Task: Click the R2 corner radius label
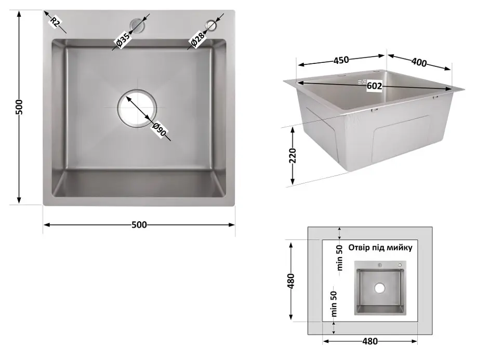pyautogui.click(x=55, y=22)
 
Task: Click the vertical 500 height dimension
pyautogui.click(x=19, y=107)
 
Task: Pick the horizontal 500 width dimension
pyautogui.click(x=139, y=225)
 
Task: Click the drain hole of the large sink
pyautogui.click(x=137, y=109)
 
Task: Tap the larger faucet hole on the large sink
pyautogui.click(x=137, y=25)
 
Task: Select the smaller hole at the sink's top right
pyautogui.click(x=211, y=25)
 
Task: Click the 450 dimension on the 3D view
pyautogui.click(x=341, y=60)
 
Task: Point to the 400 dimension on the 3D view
pyautogui.click(x=419, y=62)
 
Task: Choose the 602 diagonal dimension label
pyautogui.click(x=374, y=86)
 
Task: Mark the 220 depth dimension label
pyautogui.click(x=293, y=156)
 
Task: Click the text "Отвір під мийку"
pyautogui.click(x=380, y=247)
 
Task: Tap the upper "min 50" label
pyautogui.click(x=340, y=258)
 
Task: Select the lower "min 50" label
pyautogui.click(x=334, y=304)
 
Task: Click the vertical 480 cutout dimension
pyautogui.click(x=291, y=281)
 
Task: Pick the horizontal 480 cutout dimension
pyautogui.click(x=370, y=341)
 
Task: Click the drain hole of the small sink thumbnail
pyautogui.click(x=379, y=288)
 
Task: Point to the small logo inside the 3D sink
pyautogui.click(x=361, y=82)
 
